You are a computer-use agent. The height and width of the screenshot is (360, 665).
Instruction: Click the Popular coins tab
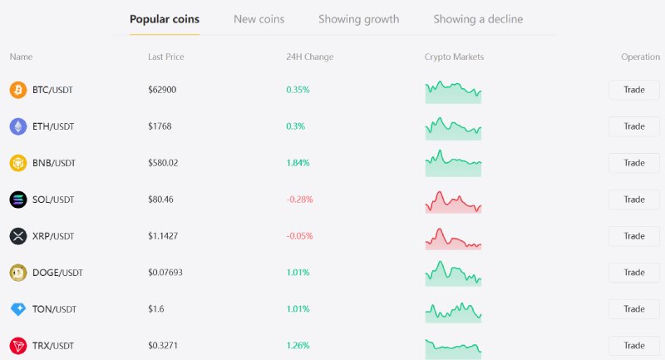(x=165, y=19)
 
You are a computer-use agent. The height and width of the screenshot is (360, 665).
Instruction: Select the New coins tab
(x=259, y=19)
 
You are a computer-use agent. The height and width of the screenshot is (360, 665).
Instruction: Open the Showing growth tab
(x=359, y=19)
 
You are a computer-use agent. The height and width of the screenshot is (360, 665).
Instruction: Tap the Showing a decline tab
(x=478, y=19)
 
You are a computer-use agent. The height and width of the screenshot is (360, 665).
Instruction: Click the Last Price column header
(x=165, y=57)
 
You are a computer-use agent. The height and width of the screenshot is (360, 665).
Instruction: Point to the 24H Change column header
(x=309, y=57)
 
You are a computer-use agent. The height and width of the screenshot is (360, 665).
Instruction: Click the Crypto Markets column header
(x=454, y=57)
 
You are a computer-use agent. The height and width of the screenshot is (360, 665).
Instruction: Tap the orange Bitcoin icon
(x=18, y=90)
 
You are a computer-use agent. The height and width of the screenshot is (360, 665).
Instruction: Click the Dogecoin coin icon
(x=18, y=273)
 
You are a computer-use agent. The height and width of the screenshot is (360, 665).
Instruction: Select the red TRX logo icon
(x=18, y=346)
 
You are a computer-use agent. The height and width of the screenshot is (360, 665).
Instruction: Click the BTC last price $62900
(x=162, y=90)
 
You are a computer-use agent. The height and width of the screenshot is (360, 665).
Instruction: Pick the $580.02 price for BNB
(x=163, y=163)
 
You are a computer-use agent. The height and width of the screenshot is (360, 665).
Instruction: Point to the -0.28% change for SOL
(x=299, y=200)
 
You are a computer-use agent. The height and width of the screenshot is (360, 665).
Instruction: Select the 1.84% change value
(x=298, y=163)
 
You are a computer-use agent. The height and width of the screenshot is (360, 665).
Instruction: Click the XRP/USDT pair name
(x=53, y=236)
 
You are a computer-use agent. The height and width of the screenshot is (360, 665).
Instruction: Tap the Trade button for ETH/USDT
(x=634, y=126)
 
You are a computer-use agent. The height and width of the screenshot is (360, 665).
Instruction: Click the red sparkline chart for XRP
(x=453, y=239)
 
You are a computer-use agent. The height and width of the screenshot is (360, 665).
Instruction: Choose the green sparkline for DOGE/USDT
(x=453, y=274)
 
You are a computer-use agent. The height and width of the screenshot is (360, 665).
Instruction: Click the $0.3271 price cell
(x=163, y=346)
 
